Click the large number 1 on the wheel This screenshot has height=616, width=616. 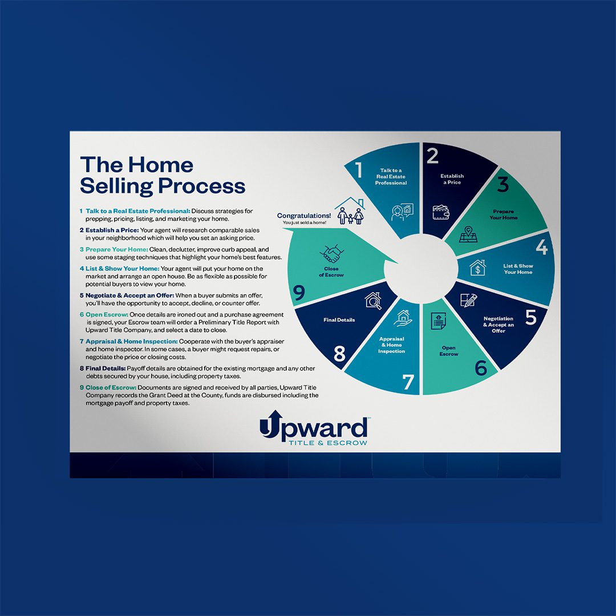pyautogui.click(x=359, y=171)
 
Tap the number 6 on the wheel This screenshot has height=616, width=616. pyautogui.click(x=481, y=368)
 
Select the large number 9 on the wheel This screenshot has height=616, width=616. pyautogui.click(x=298, y=293)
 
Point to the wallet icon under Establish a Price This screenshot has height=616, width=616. pyautogui.click(x=441, y=212)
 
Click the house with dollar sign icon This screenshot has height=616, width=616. pyautogui.click(x=477, y=268)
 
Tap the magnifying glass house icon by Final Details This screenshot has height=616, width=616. pyautogui.click(x=373, y=301)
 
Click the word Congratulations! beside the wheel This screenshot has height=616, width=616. pyautogui.click(x=303, y=216)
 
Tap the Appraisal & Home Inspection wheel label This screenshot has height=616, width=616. pyautogui.click(x=391, y=345)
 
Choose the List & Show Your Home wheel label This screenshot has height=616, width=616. pyautogui.click(x=518, y=269)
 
